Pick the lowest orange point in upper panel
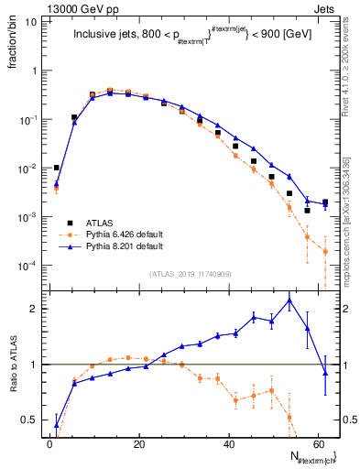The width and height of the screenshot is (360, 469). point(325,251)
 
